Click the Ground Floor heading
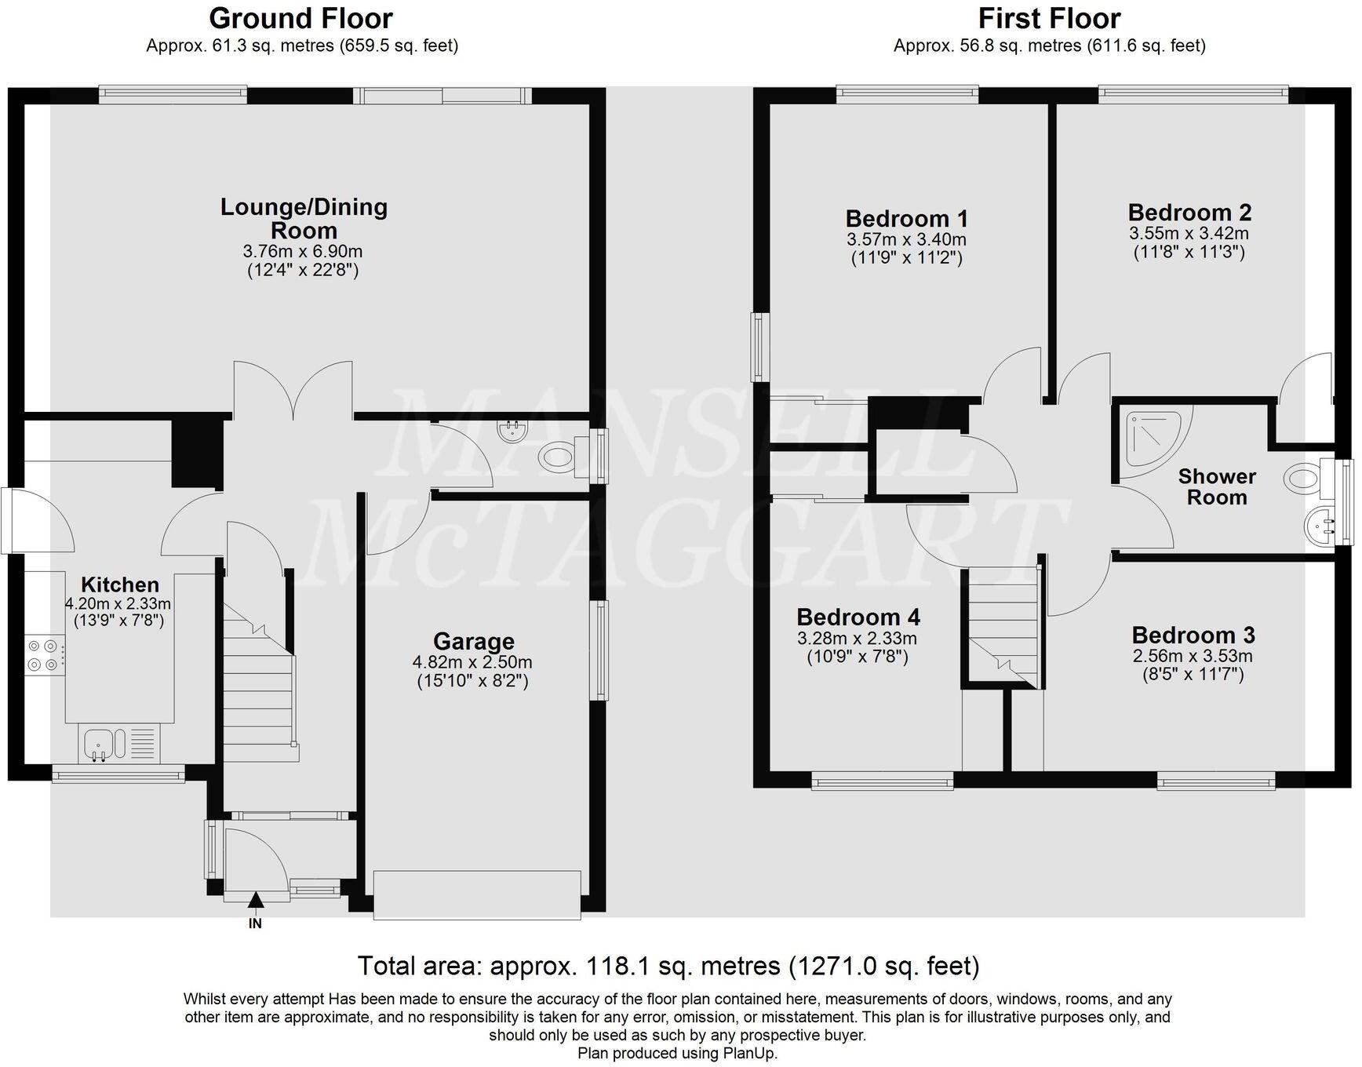(300, 18)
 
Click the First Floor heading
(1049, 18)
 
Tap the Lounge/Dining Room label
(304, 218)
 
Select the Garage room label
(473, 642)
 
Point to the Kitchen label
(120, 584)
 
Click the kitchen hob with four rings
(44, 655)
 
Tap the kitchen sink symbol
(100, 743)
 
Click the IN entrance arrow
(256, 904)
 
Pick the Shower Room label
(1217, 486)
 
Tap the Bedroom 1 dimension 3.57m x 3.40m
(906, 239)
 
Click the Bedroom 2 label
(1189, 212)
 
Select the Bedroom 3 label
(1193, 634)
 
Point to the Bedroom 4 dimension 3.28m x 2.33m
(857, 639)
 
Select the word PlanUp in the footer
(752, 1053)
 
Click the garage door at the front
(477, 894)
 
